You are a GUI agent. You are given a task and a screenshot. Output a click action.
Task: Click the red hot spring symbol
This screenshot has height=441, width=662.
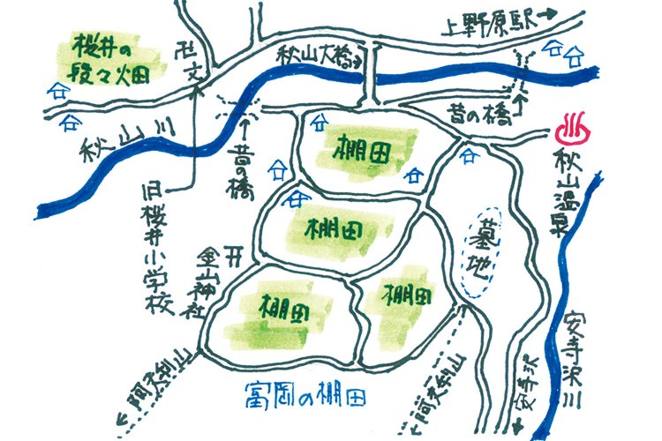click(575, 131)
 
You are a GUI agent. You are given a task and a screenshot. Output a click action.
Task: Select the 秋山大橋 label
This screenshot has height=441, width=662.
click(312, 58)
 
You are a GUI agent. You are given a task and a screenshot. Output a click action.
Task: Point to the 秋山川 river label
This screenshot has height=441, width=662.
click(119, 141)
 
